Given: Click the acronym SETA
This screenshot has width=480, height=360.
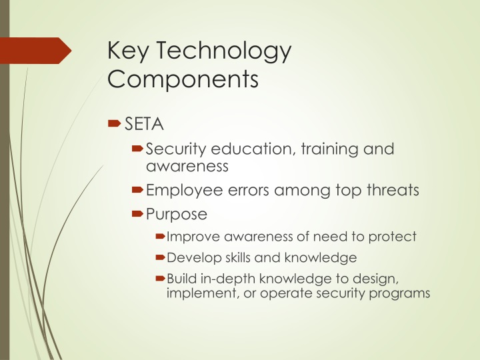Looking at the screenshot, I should (144, 123).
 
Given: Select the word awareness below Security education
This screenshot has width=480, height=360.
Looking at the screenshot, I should (187, 165).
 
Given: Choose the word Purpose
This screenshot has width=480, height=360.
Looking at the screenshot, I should (177, 215).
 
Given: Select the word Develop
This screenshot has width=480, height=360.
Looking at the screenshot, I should (191, 257).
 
